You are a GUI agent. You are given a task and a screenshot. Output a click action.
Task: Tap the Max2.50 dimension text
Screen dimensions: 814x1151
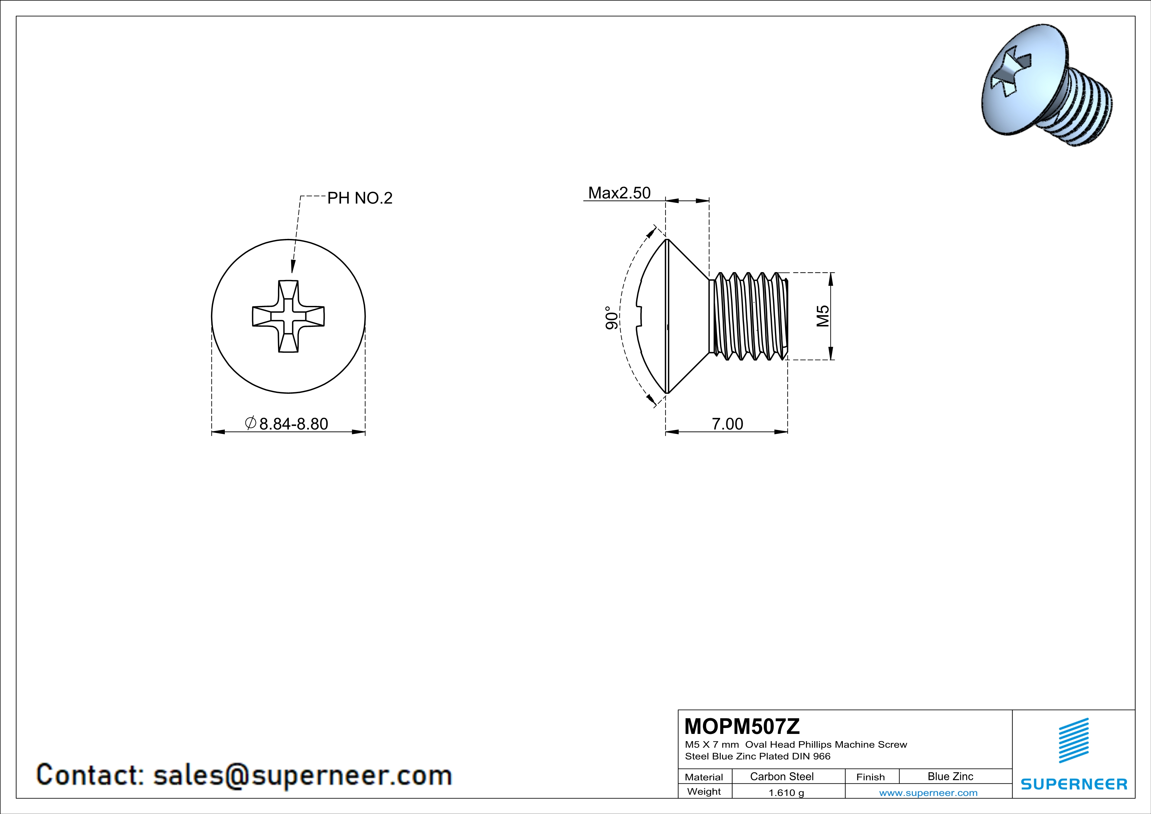pos(619,193)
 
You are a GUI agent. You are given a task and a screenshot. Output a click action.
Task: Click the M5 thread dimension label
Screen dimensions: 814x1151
pos(823,316)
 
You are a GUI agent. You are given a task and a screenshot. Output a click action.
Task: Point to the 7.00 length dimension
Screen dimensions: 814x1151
pos(727,424)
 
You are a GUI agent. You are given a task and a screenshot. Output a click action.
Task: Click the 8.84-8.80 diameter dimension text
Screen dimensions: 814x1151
pos(293,424)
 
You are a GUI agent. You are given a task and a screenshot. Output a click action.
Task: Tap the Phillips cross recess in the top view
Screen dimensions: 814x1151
pos(288,316)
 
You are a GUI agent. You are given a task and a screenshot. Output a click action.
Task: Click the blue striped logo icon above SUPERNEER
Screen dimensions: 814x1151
pos(1073,741)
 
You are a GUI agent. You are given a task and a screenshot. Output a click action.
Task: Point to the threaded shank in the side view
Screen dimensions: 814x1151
pos(748,316)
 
